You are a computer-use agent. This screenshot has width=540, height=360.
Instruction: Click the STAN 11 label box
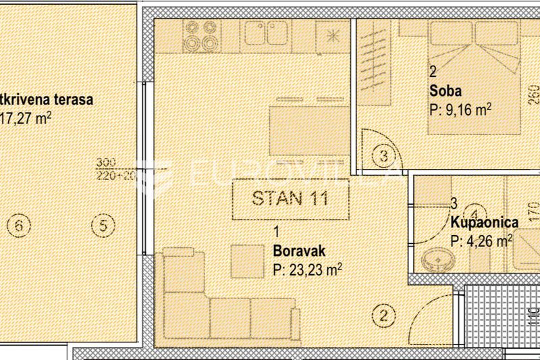[x=290, y=199]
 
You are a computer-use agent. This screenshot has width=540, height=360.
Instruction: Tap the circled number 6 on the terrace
[x=20, y=225]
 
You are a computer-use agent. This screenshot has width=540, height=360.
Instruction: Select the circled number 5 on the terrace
[x=103, y=225]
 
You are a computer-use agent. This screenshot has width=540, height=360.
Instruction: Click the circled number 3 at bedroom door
[x=383, y=157]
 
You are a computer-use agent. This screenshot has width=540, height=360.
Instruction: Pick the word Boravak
[x=299, y=251]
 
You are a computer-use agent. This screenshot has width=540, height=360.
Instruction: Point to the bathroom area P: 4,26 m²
[x=481, y=240]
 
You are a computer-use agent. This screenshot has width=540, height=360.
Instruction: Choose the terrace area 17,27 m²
[x=27, y=118]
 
